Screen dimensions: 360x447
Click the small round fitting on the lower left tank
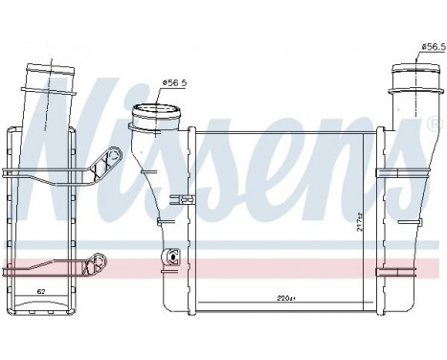pos(173,256)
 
